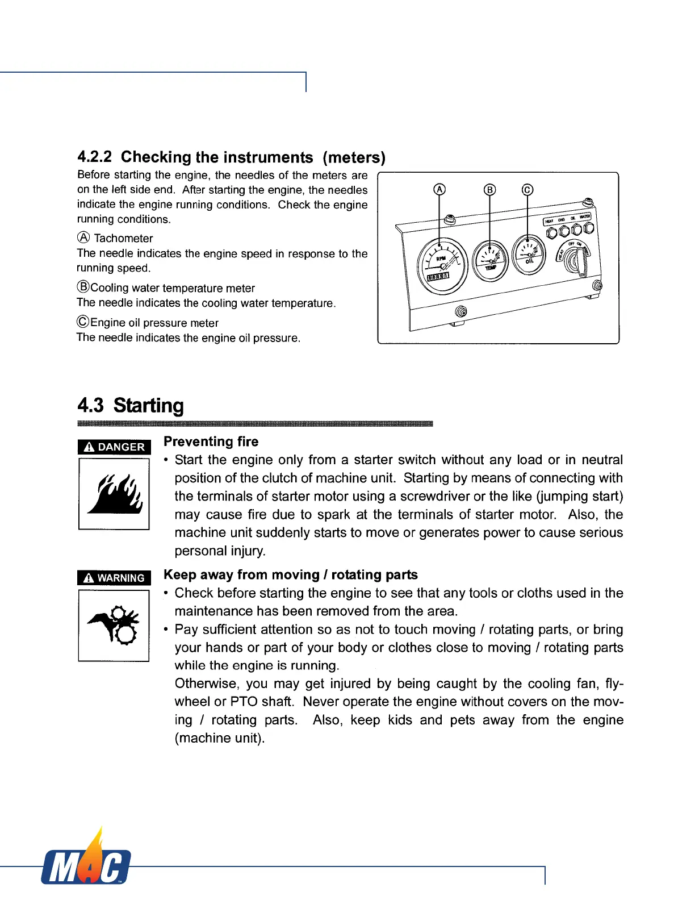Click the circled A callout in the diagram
tap(439, 190)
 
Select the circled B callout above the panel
tap(489, 190)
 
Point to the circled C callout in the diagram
tap(527, 190)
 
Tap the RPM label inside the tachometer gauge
tap(441, 259)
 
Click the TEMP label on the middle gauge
tap(491, 267)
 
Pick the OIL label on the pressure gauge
tap(529, 261)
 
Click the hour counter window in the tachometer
tap(438, 276)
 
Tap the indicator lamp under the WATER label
tap(588, 228)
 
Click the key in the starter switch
tap(581, 262)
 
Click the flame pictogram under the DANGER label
tap(114, 494)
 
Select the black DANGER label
tap(114, 447)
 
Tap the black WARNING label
tap(114, 578)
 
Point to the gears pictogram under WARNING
tap(114, 625)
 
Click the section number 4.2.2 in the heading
tap(94, 156)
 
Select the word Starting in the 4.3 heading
tap(149, 405)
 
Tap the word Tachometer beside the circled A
tap(123, 238)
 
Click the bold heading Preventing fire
tap(211, 441)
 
